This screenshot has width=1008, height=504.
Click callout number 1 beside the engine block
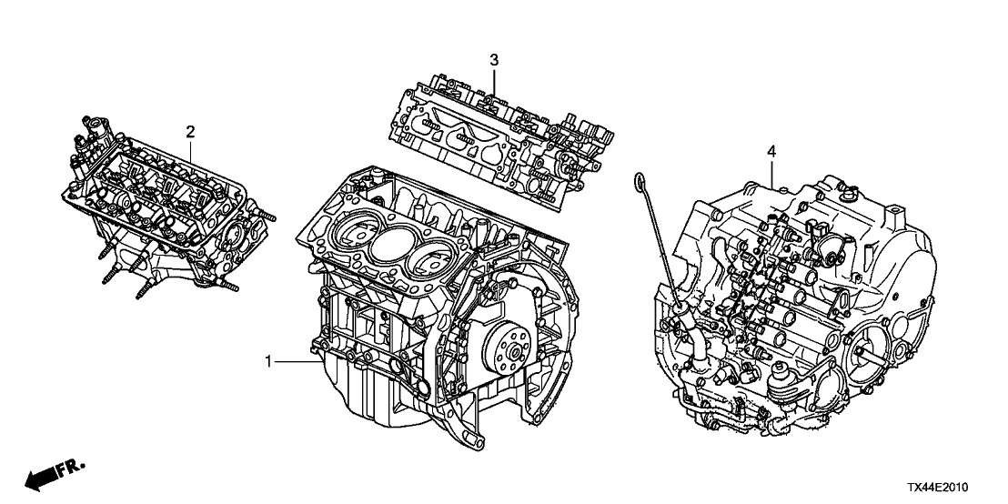[268, 362]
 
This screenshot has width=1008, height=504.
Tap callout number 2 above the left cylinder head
[190, 132]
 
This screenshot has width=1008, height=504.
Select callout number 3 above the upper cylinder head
[494, 60]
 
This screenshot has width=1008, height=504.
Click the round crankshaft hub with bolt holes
[504, 350]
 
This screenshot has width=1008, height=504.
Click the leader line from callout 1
[296, 362]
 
